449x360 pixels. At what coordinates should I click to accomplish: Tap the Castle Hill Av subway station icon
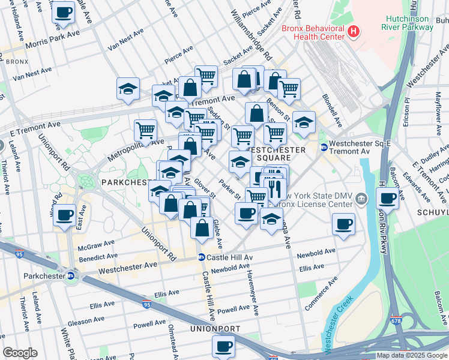coord(202,257)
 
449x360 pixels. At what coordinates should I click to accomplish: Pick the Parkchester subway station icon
coord(70,276)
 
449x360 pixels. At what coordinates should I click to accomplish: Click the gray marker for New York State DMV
coord(361,199)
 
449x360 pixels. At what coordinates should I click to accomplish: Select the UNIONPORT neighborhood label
coord(215,329)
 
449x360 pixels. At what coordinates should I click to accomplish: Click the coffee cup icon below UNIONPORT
coord(224,346)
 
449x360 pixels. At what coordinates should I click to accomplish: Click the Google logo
coord(20,353)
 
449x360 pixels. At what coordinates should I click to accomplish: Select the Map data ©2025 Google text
coord(411,355)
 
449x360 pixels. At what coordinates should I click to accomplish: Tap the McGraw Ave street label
coord(95,247)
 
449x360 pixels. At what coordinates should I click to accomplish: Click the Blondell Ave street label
coord(332,112)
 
